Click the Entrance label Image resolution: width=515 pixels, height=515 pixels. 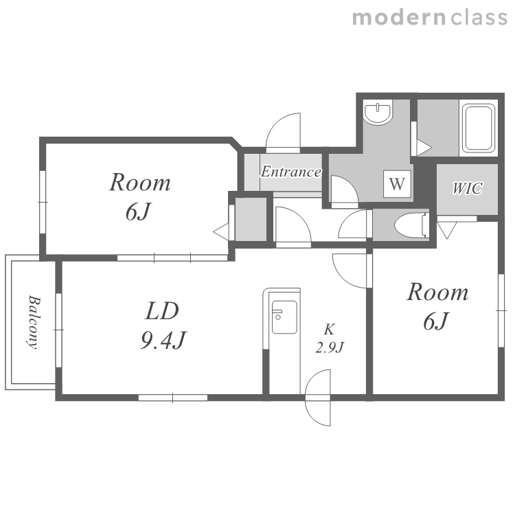291,172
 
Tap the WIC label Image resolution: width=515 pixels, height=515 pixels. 468,188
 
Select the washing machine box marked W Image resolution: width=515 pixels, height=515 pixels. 397,184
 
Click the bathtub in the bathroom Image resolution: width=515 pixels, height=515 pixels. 479,128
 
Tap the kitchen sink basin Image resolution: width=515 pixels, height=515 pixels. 284,317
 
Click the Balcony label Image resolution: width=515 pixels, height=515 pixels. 34,322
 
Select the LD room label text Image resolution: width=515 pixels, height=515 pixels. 162,310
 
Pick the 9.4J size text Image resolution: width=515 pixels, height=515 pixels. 163,340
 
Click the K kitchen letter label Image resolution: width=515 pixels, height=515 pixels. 329,329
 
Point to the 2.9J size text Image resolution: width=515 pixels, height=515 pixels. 330,347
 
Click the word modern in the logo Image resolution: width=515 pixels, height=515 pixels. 400,18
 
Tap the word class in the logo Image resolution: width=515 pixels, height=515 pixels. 479,18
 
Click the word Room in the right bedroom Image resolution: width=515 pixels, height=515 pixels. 438,292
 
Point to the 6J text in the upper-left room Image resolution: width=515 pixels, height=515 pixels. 139,211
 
